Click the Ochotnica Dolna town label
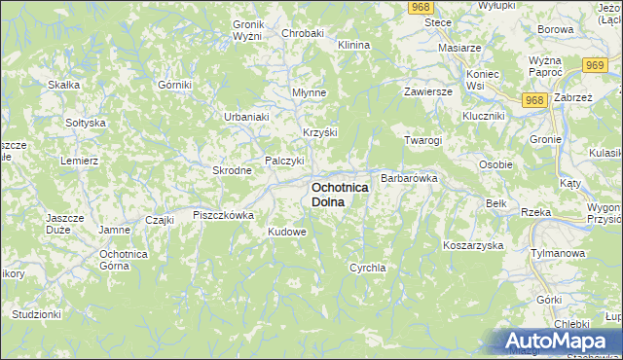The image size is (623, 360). (340, 194)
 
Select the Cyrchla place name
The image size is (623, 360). (368, 267)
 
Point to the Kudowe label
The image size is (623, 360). (287, 233)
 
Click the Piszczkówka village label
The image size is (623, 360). (223, 215)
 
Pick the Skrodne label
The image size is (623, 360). (233, 170)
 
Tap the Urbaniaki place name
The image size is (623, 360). (246, 117)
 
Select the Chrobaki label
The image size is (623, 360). (302, 33)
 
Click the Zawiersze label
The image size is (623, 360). (429, 91)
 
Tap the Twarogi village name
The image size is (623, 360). (423, 140)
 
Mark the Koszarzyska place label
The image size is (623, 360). (472, 245)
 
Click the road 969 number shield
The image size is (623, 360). (597, 64)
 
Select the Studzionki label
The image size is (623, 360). (36, 314)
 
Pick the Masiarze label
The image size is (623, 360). (460, 47)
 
